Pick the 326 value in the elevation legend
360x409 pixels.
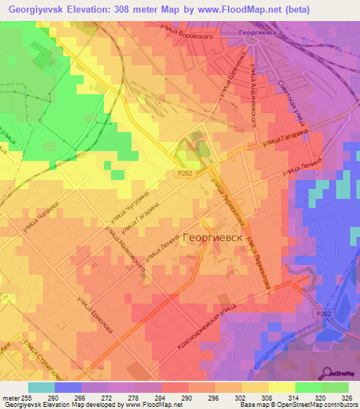tap(346, 398)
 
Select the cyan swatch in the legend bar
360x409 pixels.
tap(41, 387)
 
